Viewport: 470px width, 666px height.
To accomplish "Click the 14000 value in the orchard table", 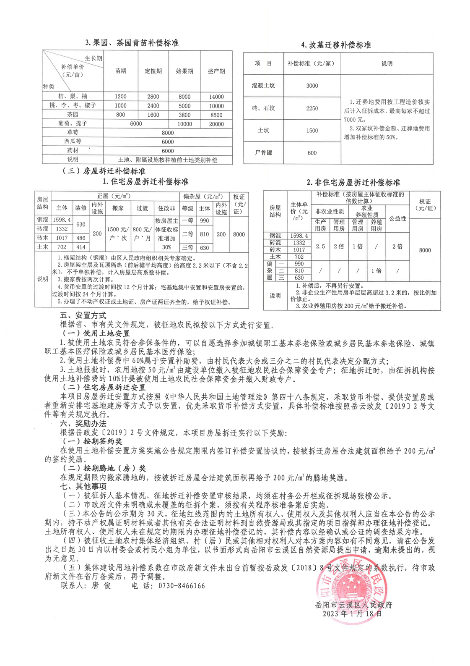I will (216, 97).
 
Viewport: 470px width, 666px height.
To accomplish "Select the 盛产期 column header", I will (216, 71).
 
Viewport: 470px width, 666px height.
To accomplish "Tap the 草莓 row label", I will (73, 133).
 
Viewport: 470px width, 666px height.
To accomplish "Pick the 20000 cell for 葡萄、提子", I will (216, 124).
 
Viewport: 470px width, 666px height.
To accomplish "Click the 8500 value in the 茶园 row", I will (216, 115).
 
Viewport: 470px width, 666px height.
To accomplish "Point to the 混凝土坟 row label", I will (263, 86).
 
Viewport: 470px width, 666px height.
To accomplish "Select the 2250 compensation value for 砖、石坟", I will (312, 108).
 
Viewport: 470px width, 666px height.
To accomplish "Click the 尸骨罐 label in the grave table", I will (263, 153).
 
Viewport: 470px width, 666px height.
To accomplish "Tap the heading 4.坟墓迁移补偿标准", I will (336, 45).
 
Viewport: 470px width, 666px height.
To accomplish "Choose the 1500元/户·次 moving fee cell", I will (118, 233).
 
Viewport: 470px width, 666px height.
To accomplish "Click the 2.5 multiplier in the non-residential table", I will (320, 246).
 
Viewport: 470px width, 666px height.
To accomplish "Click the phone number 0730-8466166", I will (178, 586).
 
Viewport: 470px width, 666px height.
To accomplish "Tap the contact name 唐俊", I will (101, 586).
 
